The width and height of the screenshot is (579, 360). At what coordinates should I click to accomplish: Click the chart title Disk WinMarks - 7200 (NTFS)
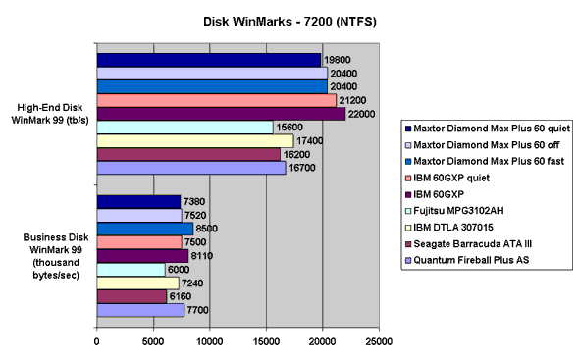pyautogui.click(x=289, y=19)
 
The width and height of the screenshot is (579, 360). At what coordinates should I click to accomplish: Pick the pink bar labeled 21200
pyautogui.click(x=216, y=100)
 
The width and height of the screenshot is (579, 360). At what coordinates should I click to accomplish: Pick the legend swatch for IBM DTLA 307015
pyautogui.click(x=408, y=226)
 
